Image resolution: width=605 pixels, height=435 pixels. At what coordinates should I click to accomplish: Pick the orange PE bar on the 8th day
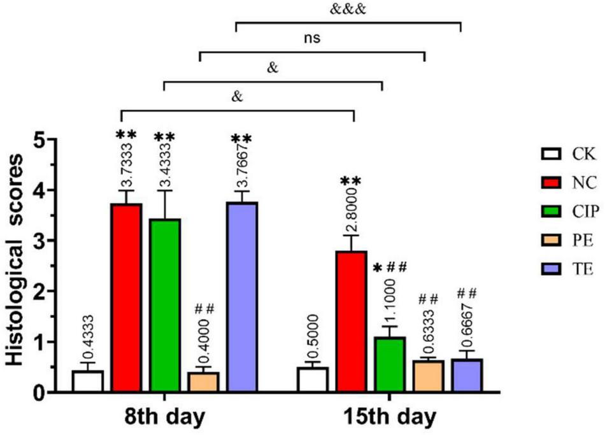[x=203, y=382]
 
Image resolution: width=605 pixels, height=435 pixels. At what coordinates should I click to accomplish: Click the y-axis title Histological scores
[x=18, y=266]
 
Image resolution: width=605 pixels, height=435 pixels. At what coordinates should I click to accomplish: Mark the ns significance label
[x=311, y=38]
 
